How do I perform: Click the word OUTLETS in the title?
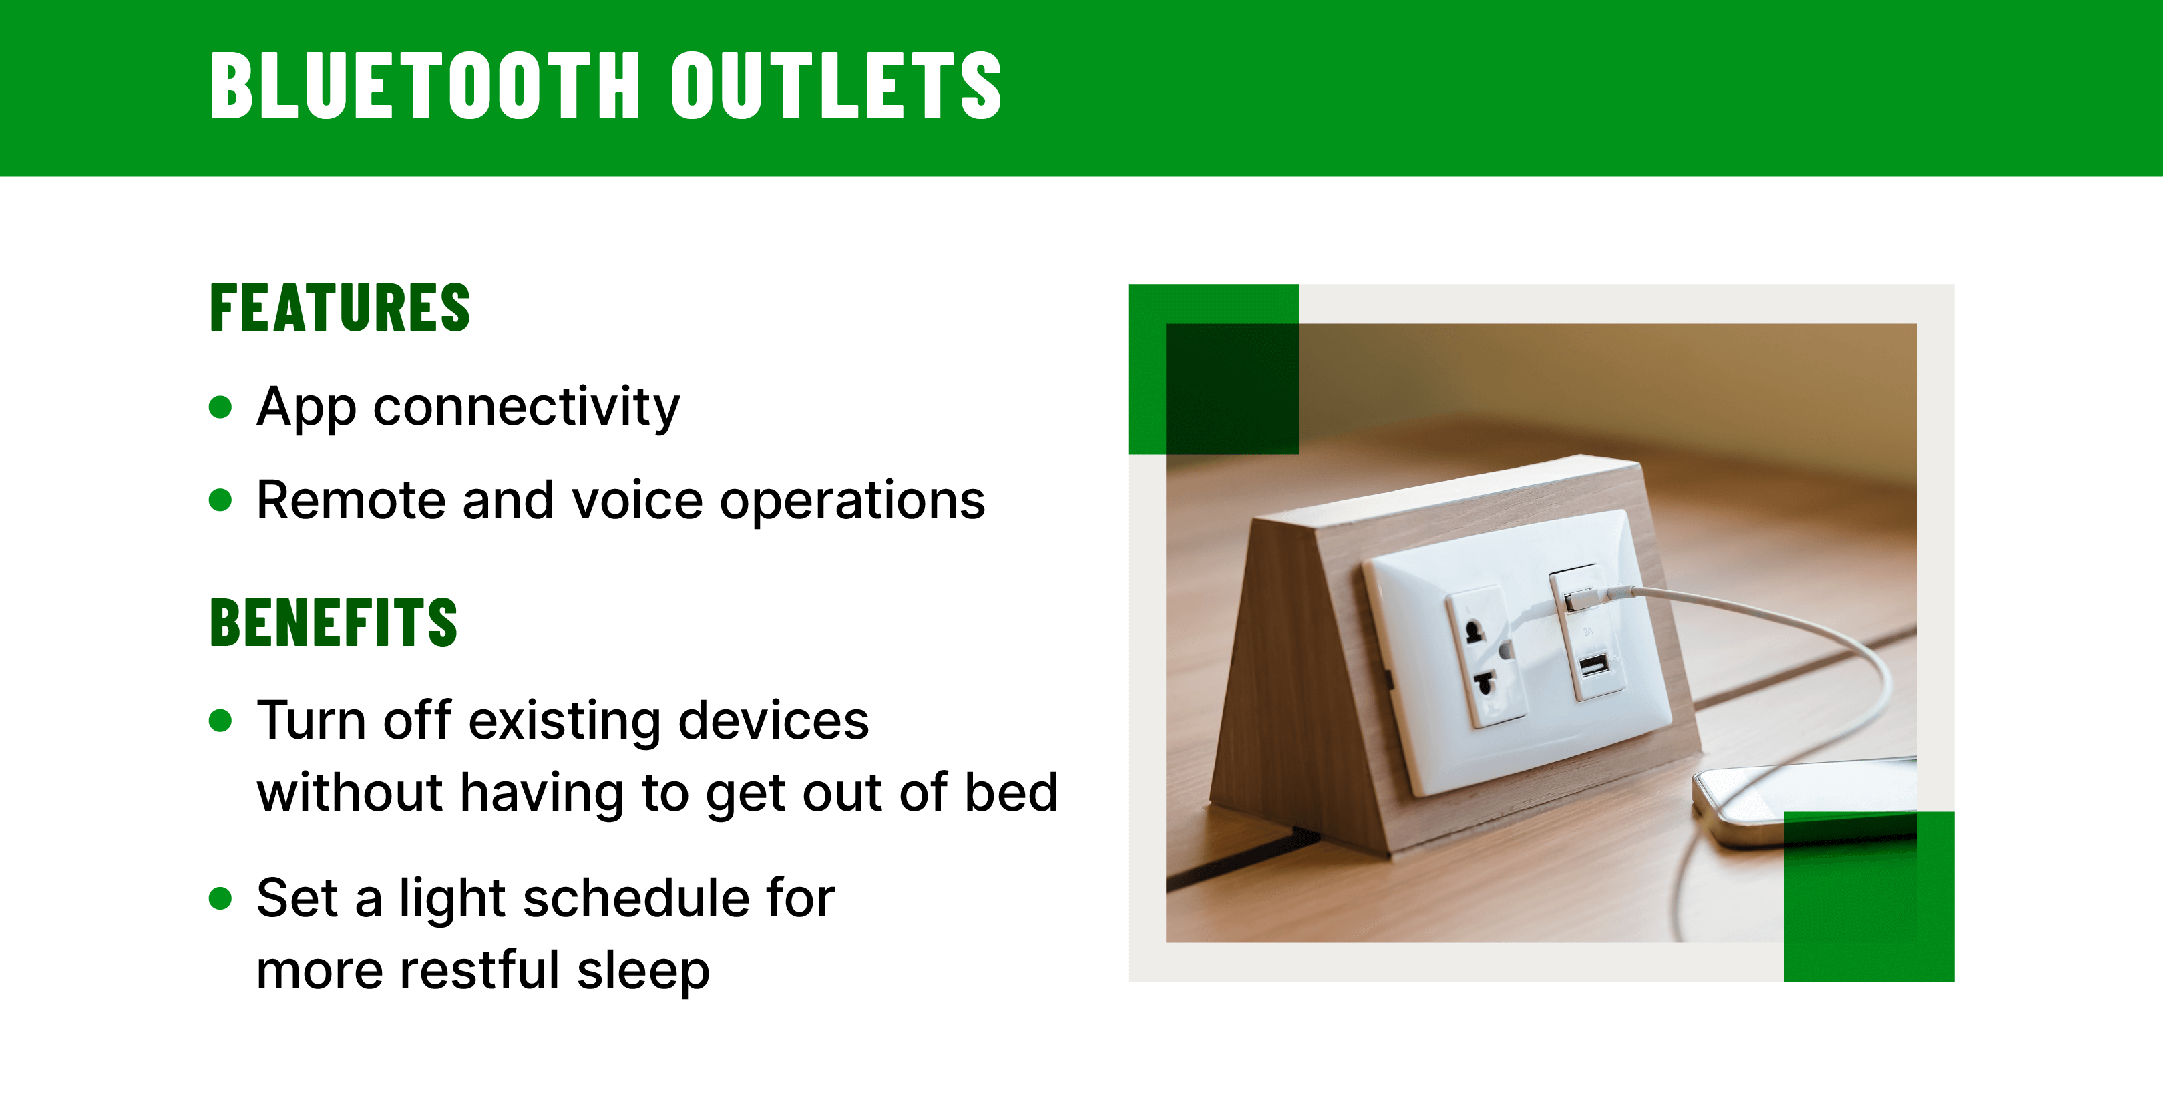835,85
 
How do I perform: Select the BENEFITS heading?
333,623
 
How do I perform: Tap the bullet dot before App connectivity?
220,408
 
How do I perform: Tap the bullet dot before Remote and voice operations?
220,500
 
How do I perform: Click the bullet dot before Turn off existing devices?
220,721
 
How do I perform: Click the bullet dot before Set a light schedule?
220,898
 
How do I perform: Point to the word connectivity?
526,408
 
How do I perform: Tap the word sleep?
642,970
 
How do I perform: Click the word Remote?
351,500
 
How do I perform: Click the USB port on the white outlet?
1593,666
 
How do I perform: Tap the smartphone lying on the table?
1805,797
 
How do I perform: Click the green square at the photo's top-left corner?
1213,369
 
